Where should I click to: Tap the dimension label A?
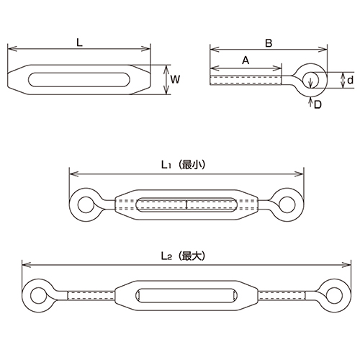pos(246,62)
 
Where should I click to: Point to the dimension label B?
pos(268,42)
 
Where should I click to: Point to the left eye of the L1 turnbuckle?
pos(84,204)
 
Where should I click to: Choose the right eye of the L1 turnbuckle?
pos(290,204)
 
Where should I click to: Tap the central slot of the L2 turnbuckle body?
pos(186,294)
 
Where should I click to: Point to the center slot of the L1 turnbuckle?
pos(186,204)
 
